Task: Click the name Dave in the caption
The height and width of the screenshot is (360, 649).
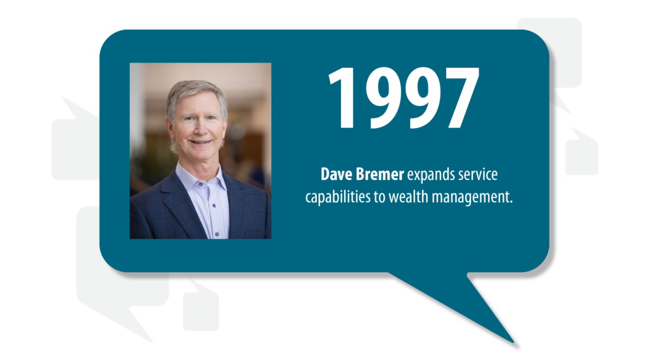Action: point(334,174)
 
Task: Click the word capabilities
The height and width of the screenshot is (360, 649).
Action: point(337,198)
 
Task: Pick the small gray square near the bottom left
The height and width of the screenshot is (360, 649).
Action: point(201,311)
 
